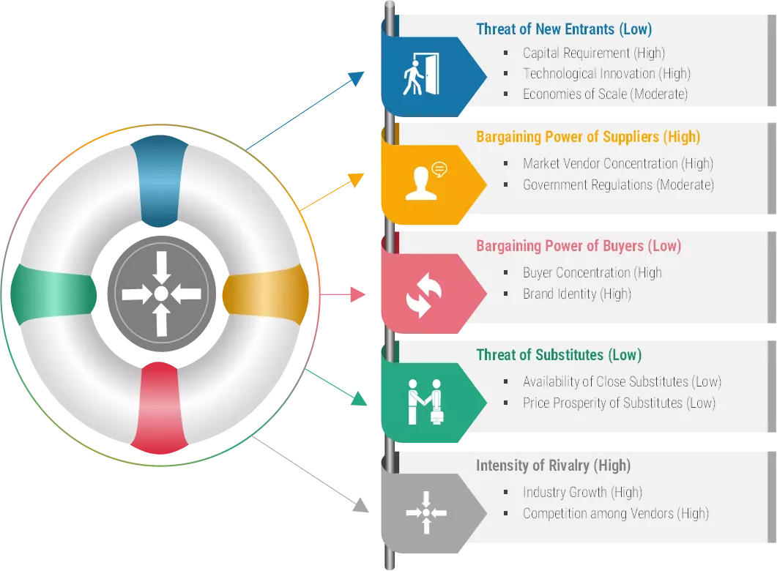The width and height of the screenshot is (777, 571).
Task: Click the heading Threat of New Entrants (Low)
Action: (564, 29)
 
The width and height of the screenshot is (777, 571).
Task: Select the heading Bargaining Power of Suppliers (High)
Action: (588, 137)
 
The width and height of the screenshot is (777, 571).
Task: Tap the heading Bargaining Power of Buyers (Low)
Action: (579, 246)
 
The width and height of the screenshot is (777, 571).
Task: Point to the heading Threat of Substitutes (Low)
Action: (559, 354)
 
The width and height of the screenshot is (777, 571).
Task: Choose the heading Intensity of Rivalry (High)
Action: (553, 466)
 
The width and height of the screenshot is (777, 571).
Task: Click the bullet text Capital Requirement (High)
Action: (594, 53)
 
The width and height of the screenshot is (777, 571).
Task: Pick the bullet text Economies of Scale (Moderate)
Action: (605, 94)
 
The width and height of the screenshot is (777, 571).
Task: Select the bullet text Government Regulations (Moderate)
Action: (618, 184)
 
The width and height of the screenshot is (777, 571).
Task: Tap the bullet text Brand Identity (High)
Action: (577, 294)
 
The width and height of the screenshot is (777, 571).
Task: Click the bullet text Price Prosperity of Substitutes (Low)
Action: (619, 403)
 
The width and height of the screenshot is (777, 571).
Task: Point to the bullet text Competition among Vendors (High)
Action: (615, 514)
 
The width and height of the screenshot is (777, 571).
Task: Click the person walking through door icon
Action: (421, 74)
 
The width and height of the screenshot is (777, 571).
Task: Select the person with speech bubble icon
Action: (425, 182)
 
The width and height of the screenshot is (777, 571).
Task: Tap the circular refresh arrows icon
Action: (423, 295)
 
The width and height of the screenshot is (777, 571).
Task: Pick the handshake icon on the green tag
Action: (425, 402)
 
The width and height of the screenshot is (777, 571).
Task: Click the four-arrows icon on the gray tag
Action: (426, 512)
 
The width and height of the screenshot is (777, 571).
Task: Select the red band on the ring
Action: (159, 408)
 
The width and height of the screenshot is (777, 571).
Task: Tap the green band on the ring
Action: (53, 294)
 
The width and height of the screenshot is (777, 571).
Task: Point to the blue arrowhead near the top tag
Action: (357, 78)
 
